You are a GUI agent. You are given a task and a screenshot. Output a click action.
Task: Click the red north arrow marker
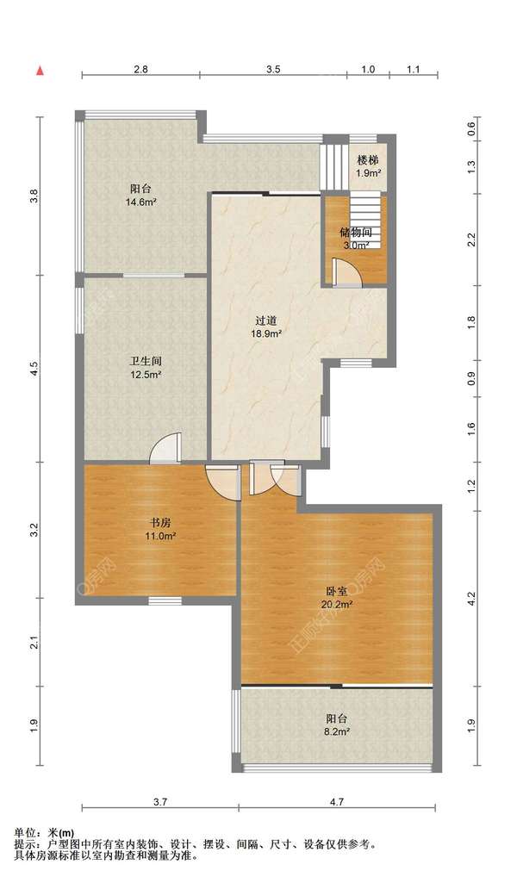[40, 71]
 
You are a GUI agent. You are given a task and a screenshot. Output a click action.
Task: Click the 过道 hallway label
[265, 321]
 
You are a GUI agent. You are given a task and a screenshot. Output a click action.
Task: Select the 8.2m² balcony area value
[339, 732]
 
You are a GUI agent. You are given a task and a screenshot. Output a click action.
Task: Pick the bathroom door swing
[166, 448]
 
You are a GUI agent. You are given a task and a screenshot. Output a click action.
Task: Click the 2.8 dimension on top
[140, 70]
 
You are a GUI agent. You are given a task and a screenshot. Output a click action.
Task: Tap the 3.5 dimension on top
[273, 70]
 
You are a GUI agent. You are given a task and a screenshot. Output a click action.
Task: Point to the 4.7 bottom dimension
[337, 803]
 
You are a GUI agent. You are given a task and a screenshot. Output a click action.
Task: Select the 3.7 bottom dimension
[160, 803]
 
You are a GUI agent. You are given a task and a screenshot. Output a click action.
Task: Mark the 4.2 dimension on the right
[471, 598]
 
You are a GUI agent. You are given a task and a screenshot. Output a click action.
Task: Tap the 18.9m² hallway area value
[266, 333]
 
